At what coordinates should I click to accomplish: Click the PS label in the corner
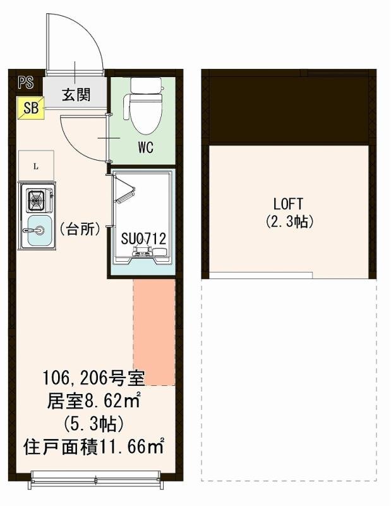click(x=26, y=82)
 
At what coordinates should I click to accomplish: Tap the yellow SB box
click(x=30, y=108)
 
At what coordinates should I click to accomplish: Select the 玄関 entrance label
click(x=76, y=95)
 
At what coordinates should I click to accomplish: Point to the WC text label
click(x=145, y=149)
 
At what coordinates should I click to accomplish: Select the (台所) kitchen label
click(x=80, y=229)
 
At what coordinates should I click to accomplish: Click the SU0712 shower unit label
click(x=143, y=239)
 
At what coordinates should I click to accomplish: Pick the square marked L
click(x=36, y=167)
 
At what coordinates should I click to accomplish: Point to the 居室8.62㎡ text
click(x=93, y=400)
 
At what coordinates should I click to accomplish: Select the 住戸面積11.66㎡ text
click(x=93, y=447)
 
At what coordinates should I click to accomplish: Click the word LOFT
click(x=289, y=204)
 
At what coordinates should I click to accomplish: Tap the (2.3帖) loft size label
click(x=289, y=222)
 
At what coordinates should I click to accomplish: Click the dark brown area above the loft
click(x=289, y=111)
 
